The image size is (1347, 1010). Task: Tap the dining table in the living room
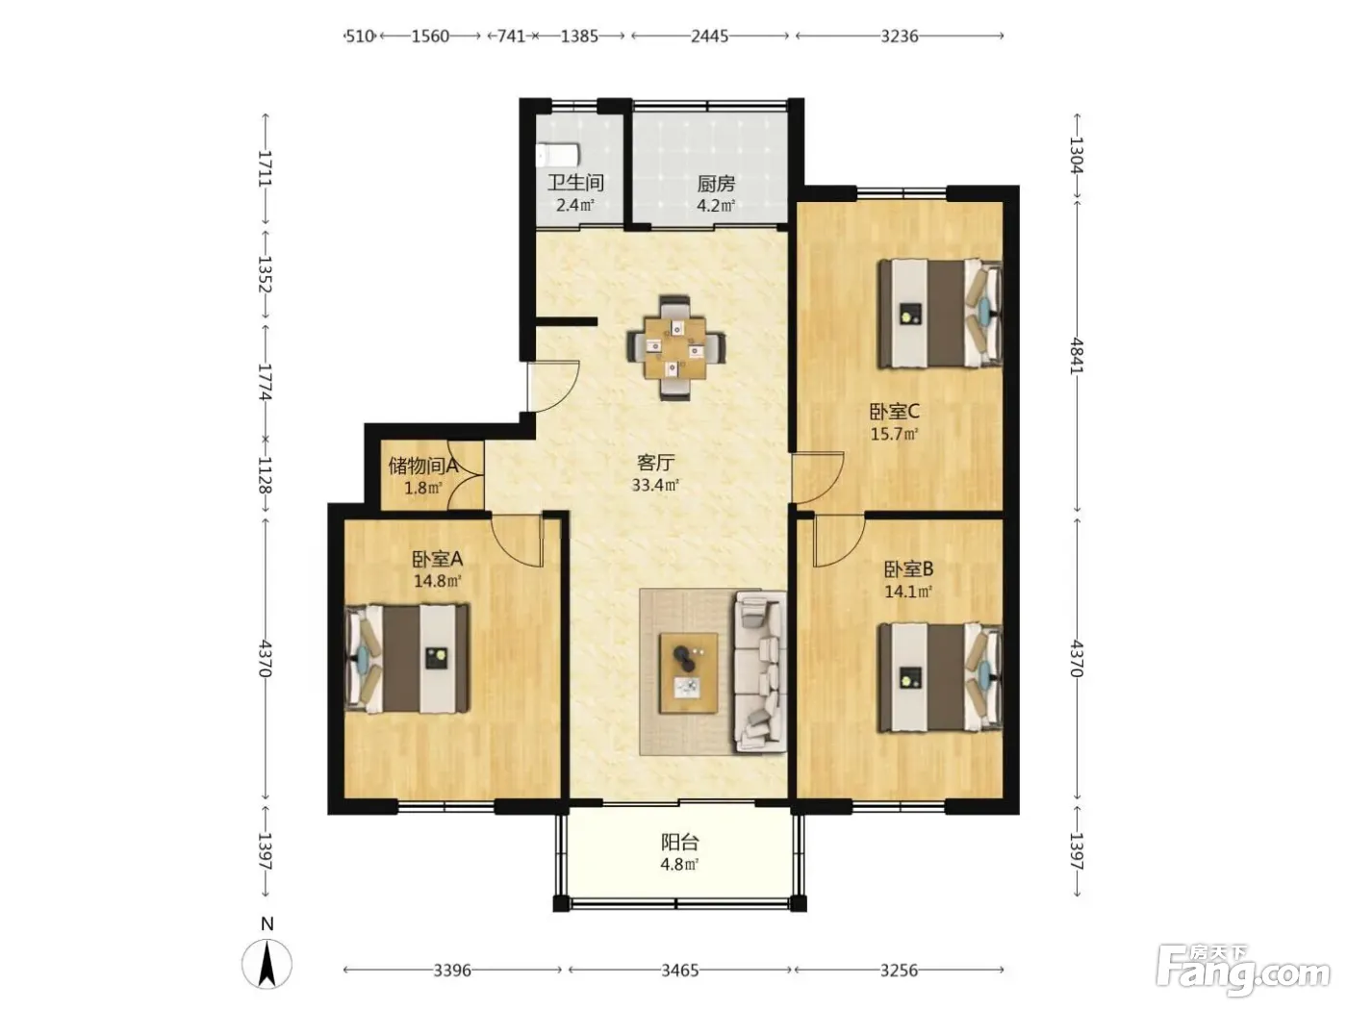tap(675, 348)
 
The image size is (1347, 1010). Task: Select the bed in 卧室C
tap(939, 314)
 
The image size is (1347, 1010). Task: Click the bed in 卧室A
tap(407, 659)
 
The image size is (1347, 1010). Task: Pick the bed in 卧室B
tap(939, 677)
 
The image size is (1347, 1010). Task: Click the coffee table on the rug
tap(689, 673)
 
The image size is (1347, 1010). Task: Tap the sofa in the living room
tap(761, 670)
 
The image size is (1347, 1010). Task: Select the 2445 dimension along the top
tap(709, 37)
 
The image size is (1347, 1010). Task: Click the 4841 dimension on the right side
tap(1077, 355)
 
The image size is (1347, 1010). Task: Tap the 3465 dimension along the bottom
tap(680, 971)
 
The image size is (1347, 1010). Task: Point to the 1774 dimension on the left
tap(265, 382)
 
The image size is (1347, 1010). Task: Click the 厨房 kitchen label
tap(716, 184)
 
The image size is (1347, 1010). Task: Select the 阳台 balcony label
tap(680, 842)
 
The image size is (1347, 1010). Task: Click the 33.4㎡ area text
tap(655, 485)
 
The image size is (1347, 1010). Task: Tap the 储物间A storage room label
tap(423, 467)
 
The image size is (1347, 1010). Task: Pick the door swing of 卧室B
tap(839, 541)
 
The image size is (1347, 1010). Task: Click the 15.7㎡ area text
tap(894, 434)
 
